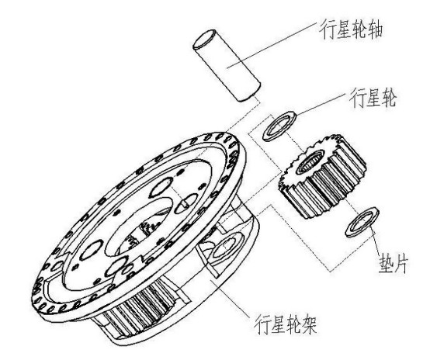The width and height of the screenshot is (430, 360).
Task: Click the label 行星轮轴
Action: coord(351,29)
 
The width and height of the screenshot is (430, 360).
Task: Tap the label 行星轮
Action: coord(373,98)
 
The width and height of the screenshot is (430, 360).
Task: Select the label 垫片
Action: coord(394,263)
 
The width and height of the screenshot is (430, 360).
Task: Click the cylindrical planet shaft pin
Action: coord(227,65)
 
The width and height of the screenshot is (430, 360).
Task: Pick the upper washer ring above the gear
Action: coord(279,126)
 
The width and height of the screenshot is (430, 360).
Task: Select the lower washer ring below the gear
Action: coord(362,223)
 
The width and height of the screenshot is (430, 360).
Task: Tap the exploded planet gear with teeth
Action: coord(323,175)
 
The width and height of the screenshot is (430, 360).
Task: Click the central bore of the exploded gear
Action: coord(310,162)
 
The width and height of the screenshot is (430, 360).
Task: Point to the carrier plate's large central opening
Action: coord(140,227)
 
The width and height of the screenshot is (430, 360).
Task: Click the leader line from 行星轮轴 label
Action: coord(272,45)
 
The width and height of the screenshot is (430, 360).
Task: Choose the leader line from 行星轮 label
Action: coord(319,105)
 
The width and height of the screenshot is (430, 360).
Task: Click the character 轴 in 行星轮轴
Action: coord(375,29)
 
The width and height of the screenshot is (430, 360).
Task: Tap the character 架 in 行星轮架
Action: coord(310,324)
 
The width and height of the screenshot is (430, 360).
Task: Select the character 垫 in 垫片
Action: coord(386,263)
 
